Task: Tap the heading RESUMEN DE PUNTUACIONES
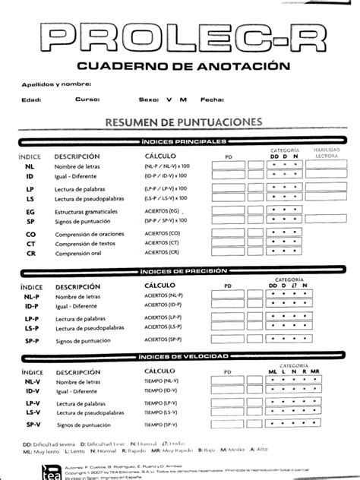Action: click(179, 122)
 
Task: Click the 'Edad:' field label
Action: click(31, 99)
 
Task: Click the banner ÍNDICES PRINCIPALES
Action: click(180, 141)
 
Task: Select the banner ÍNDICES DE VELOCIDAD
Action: click(180, 356)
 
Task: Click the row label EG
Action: click(30, 212)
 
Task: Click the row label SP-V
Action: click(31, 424)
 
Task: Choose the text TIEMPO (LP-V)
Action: click(163, 403)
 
